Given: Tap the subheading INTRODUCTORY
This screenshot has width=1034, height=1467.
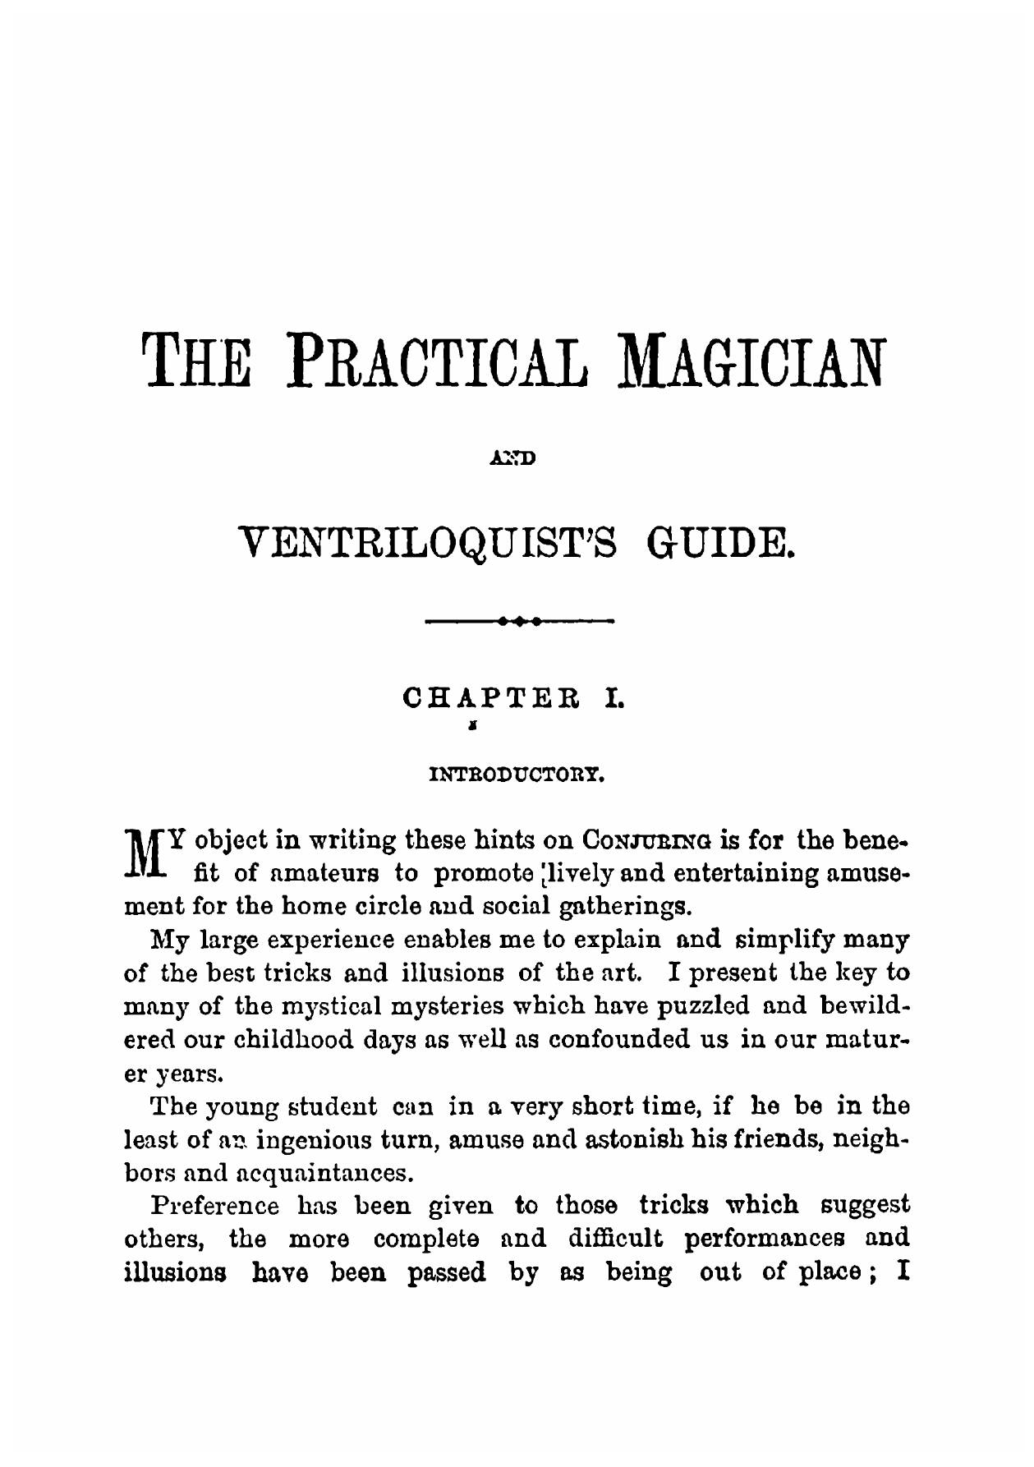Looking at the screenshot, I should (517, 773).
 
